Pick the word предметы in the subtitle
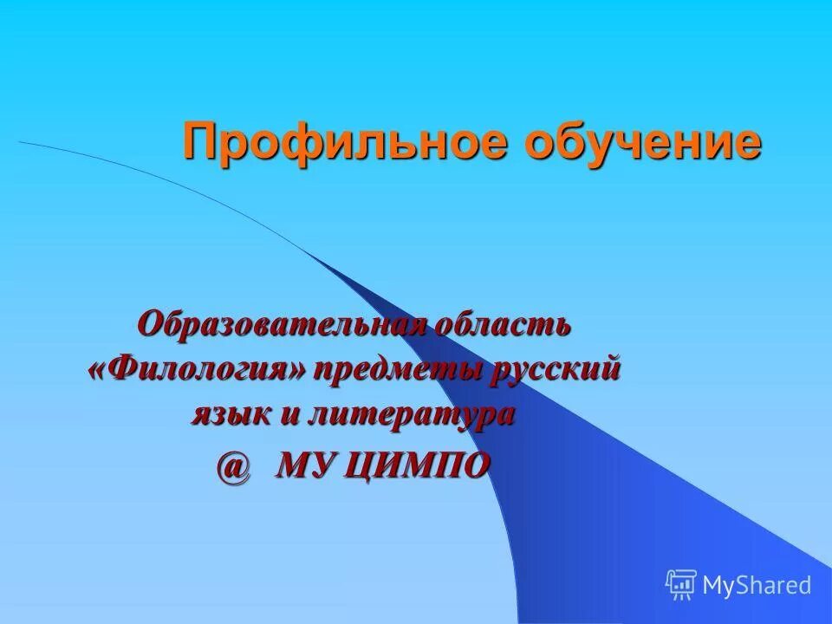pyautogui.click(x=400, y=371)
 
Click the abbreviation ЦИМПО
pyautogui.click(x=423, y=466)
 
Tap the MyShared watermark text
pyautogui.click(x=757, y=585)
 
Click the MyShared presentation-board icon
pyautogui.click(x=681, y=584)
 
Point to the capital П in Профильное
pyautogui.click(x=200, y=142)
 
